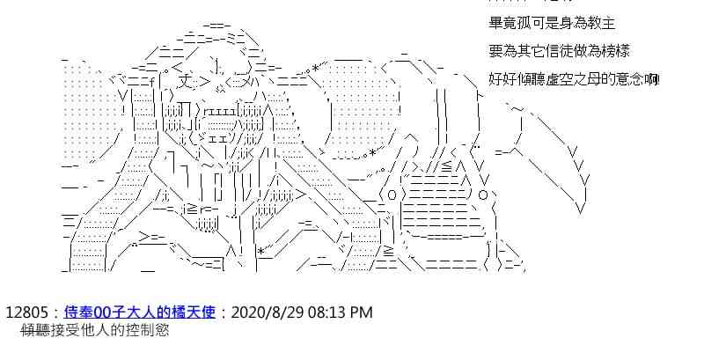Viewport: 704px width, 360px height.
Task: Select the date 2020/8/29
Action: [x=266, y=312]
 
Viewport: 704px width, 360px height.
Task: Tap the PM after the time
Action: [x=362, y=312]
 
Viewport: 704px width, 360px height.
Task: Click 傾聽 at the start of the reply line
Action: [x=33, y=332]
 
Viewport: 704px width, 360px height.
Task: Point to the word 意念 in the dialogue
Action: [x=631, y=79]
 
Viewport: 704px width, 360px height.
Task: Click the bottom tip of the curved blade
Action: [x=579, y=211]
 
